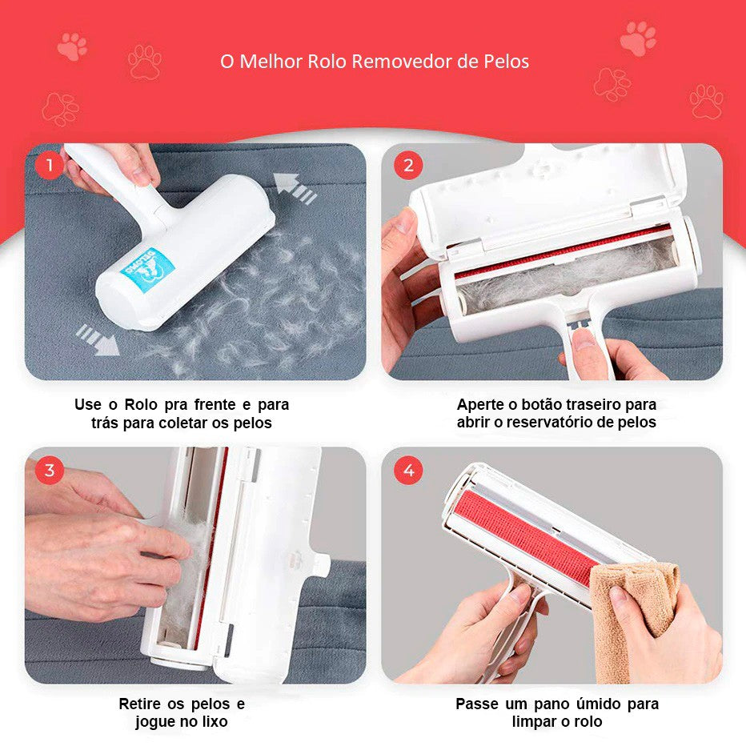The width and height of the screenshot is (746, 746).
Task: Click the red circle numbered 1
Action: point(49,165)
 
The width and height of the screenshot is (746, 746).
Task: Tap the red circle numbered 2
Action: point(408,165)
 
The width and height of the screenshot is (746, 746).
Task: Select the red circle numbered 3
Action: point(49,471)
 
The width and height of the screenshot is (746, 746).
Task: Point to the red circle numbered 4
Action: point(408,471)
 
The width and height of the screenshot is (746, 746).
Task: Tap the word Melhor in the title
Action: point(270,62)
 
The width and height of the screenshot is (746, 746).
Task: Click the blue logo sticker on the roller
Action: point(147,270)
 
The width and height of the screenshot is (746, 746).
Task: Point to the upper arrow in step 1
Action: point(295,188)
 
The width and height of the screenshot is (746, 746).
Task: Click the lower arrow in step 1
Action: point(98,339)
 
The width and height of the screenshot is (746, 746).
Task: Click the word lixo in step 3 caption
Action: point(215,721)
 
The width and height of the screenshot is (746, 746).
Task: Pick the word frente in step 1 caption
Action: point(215,405)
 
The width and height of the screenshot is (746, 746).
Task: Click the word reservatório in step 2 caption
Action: point(551,423)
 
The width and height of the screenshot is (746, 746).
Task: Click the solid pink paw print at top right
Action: point(638,38)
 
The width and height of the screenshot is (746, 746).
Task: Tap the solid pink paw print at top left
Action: point(72,46)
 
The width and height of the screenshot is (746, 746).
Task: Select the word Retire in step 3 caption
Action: point(140,704)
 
